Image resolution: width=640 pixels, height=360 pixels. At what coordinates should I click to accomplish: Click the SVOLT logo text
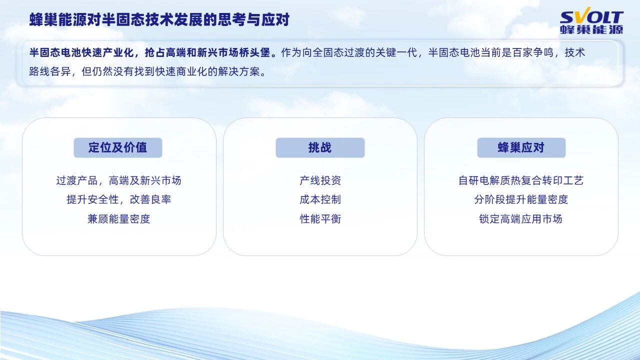click(x=591, y=17)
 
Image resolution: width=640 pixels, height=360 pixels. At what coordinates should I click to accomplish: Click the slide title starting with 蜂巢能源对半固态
click(x=159, y=19)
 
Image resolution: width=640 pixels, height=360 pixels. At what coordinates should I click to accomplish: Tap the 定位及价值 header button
click(x=117, y=147)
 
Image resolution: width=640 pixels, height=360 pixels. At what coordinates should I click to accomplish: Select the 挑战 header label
click(x=320, y=147)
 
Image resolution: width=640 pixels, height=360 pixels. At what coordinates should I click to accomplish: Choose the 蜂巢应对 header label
click(x=521, y=147)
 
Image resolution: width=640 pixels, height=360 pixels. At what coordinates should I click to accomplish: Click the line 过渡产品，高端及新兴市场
click(x=118, y=180)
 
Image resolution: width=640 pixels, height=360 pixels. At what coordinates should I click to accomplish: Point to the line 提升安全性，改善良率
click(x=118, y=199)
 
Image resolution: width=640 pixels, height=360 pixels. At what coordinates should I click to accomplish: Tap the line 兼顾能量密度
click(x=118, y=218)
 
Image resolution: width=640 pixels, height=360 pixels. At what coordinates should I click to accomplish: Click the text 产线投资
click(x=320, y=180)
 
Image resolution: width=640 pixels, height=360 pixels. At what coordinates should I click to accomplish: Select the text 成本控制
click(x=320, y=199)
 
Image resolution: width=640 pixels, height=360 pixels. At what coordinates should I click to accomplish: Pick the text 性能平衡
click(x=320, y=218)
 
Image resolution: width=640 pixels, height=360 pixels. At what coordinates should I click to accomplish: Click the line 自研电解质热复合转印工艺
click(x=521, y=180)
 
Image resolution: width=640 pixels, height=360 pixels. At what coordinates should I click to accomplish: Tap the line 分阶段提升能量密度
click(x=521, y=199)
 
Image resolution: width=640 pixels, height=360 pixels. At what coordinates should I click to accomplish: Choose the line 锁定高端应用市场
click(x=521, y=218)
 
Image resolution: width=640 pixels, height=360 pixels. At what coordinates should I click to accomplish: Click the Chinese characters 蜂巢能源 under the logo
click(x=591, y=30)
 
